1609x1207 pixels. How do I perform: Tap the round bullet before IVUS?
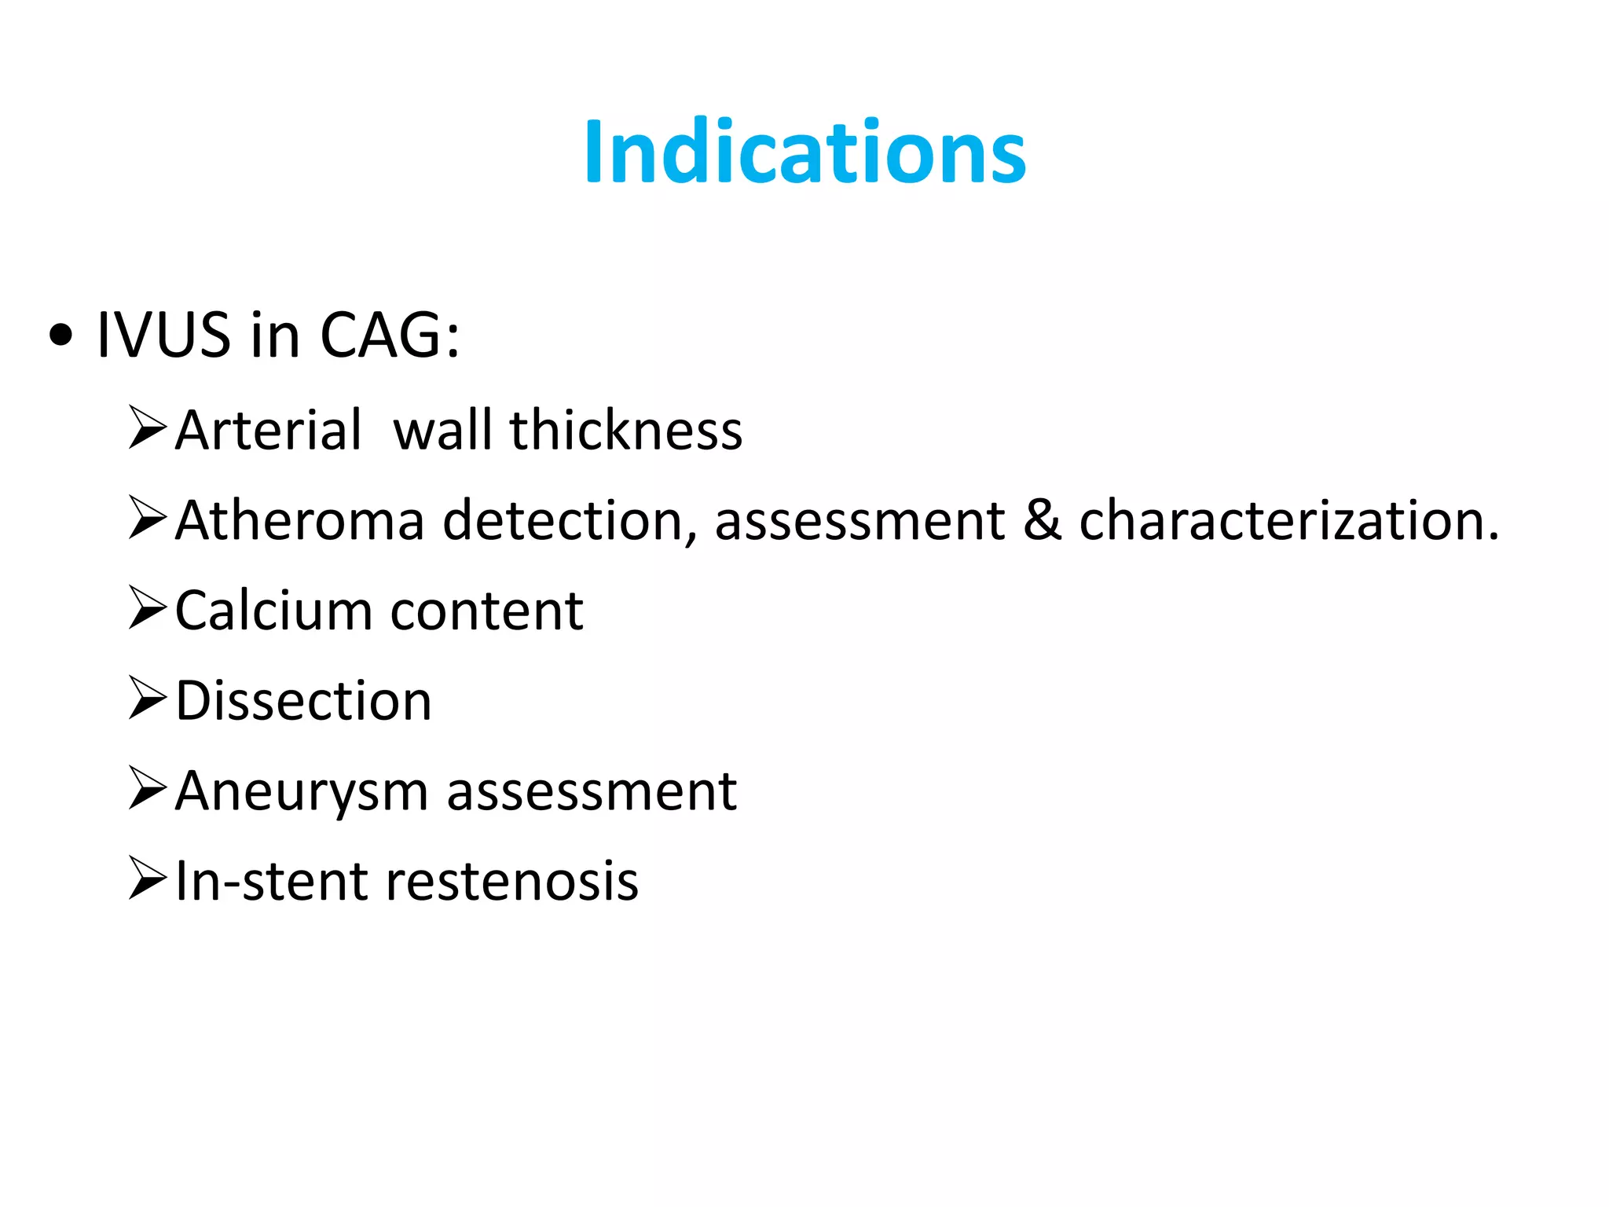(x=60, y=336)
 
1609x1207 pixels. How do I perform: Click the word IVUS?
(x=163, y=336)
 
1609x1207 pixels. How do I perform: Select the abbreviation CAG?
(x=390, y=336)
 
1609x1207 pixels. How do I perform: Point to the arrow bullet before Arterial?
(x=147, y=428)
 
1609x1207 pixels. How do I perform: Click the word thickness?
(x=625, y=431)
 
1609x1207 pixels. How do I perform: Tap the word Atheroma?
(x=299, y=520)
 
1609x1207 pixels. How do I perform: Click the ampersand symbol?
(x=1042, y=520)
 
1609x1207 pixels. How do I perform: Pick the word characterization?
(x=1288, y=520)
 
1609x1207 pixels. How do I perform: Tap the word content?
(x=487, y=611)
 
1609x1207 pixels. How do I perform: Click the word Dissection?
(x=303, y=700)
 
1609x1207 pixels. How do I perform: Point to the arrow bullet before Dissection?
(x=147, y=699)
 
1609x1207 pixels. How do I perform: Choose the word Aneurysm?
(x=301, y=791)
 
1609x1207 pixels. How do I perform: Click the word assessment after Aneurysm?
(x=592, y=791)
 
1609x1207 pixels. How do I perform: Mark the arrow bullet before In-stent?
(x=147, y=879)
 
